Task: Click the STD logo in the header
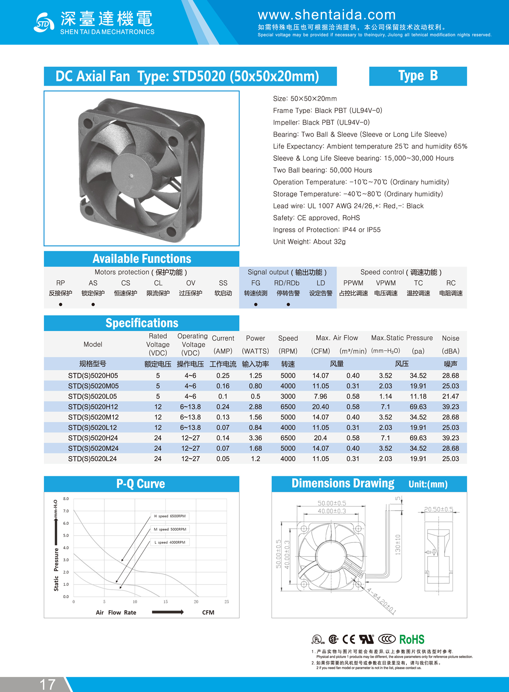pyautogui.click(x=43, y=22)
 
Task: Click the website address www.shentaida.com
pyautogui.click(x=327, y=15)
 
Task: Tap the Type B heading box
pyautogui.click(x=418, y=76)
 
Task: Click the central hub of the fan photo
pyautogui.click(x=131, y=175)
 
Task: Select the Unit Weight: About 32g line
pyautogui.click(x=309, y=242)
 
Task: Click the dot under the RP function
pyautogui.click(x=61, y=304)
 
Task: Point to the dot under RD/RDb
pyautogui.click(x=288, y=304)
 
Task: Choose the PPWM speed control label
pyautogui.click(x=353, y=283)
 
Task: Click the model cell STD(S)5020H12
pyautogui.click(x=93, y=407)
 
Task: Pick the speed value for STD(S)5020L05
pyautogui.click(x=288, y=397)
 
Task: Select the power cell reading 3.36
pyautogui.click(x=255, y=438)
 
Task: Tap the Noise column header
pyautogui.click(x=450, y=338)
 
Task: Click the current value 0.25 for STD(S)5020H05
pyautogui.click(x=223, y=376)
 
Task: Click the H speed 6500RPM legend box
pyautogui.click(x=170, y=516)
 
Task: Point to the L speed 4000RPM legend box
pyautogui.click(x=170, y=542)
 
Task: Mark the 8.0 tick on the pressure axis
pyautogui.click(x=66, y=499)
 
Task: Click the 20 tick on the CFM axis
pyautogui.click(x=196, y=602)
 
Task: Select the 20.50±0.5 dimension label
pyautogui.click(x=439, y=509)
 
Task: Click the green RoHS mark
pyautogui.click(x=411, y=639)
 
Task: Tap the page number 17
pyautogui.click(x=48, y=684)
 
